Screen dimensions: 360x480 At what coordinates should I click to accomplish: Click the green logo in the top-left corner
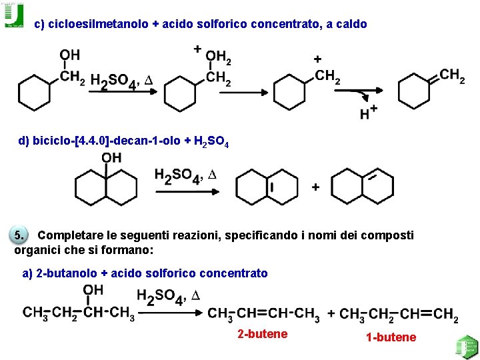13,15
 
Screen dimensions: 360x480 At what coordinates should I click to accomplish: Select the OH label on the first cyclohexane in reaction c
69,55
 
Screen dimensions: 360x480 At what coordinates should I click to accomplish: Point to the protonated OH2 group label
217,57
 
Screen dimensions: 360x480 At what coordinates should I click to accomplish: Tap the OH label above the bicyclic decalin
111,157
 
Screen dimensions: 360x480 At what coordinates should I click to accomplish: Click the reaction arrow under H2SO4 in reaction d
187,192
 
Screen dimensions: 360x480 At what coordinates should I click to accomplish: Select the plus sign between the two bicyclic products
315,187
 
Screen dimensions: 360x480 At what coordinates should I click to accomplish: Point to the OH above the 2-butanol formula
93,290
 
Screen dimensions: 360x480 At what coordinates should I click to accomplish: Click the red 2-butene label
262,334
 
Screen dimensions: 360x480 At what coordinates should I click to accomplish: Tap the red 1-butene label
391,337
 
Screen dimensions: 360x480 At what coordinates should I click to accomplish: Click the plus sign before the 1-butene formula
331,313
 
